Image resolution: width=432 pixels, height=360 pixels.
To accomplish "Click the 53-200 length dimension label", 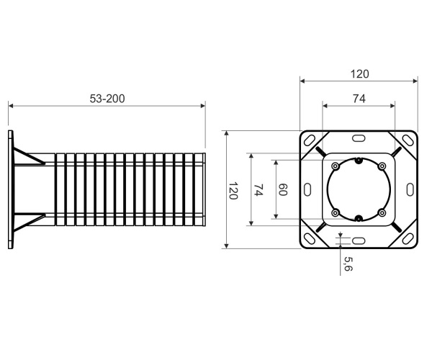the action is click(x=107, y=99).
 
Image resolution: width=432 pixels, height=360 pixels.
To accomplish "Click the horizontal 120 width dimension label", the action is click(x=359, y=74).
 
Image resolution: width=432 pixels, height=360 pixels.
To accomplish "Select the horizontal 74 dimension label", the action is click(x=359, y=99).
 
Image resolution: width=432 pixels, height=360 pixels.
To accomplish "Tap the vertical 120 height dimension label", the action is click(x=233, y=190).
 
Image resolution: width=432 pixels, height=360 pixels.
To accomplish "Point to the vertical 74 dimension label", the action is click(x=258, y=190).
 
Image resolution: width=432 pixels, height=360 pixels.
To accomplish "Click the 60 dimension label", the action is click(x=283, y=189).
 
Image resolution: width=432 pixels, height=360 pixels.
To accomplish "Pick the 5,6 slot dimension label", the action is click(x=348, y=264).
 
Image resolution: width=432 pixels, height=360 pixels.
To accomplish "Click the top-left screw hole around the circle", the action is click(x=336, y=166).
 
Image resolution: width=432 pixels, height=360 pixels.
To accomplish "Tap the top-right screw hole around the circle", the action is click(x=382, y=166).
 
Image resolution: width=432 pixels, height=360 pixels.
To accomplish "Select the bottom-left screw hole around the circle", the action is click(x=336, y=212).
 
